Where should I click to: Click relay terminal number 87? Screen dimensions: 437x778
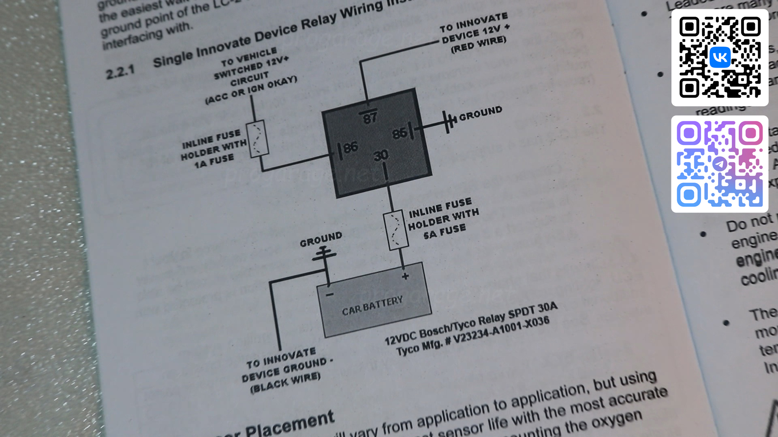pyautogui.click(x=370, y=117)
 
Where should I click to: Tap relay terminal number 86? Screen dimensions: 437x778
pyautogui.click(x=351, y=147)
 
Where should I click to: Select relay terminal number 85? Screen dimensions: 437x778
pyautogui.click(x=400, y=133)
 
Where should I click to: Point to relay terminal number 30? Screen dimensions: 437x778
pyautogui.click(x=381, y=155)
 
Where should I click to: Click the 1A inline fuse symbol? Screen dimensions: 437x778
pyautogui.click(x=258, y=139)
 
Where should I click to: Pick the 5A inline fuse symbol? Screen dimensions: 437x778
pyautogui.click(x=395, y=229)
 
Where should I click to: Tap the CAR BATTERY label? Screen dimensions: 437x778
pyautogui.click(x=372, y=306)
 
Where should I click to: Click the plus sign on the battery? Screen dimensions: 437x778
pyautogui.click(x=405, y=276)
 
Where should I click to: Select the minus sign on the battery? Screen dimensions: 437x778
pyautogui.click(x=330, y=295)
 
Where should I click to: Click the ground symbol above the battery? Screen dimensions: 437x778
pyautogui.click(x=324, y=255)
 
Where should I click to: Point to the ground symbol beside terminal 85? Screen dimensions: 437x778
pyautogui.click(x=449, y=121)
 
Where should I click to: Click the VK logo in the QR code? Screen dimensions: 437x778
pyautogui.click(x=720, y=57)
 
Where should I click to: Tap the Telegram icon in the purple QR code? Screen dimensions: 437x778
pyautogui.click(x=720, y=164)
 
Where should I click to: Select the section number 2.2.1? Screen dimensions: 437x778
pyautogui.click(x=120, y=73)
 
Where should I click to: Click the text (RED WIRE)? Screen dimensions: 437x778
pyautogui.click(x=479, y=44)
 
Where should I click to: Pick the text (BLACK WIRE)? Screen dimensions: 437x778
pyautogui.click(x=286, y=383)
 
